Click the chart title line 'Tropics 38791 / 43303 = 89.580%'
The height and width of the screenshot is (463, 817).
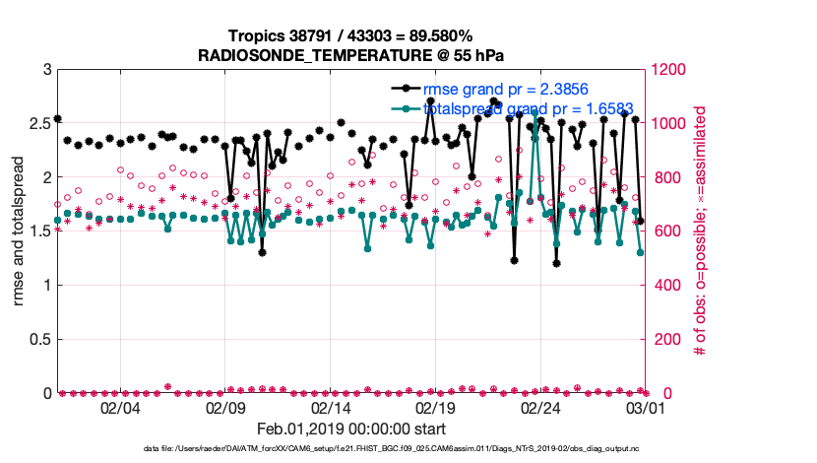352,34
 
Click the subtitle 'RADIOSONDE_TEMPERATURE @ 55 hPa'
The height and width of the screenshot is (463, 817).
352,53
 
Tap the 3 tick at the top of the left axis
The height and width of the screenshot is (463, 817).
46,70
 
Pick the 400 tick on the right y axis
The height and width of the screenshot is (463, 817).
663,286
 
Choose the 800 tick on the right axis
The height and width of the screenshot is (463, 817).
663,178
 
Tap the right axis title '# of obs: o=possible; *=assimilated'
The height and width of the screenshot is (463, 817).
701,231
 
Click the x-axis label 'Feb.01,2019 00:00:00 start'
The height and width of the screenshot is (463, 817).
351,430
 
